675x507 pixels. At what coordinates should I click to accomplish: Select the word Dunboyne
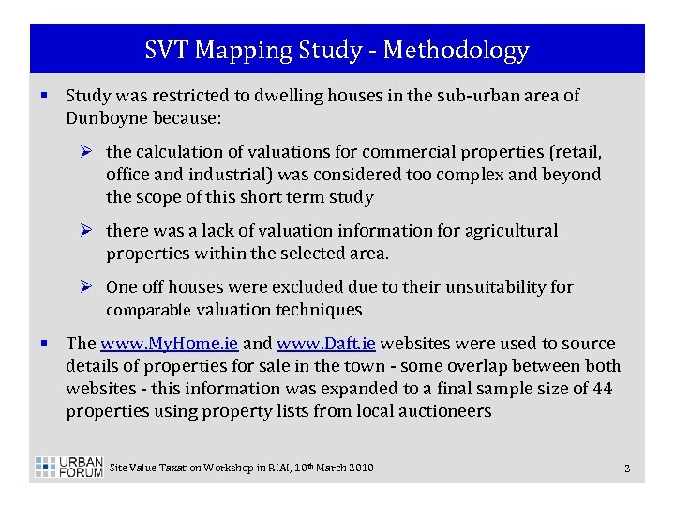point(105,118)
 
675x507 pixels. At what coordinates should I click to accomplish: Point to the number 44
point(602,389)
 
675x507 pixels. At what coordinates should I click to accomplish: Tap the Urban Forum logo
point(68,467)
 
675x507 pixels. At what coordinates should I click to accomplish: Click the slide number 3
point(626,468)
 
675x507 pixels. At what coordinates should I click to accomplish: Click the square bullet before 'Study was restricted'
point(44,95)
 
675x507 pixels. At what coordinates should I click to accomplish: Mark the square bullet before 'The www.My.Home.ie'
point(44,343)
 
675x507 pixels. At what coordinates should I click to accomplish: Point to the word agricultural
point(512,231)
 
